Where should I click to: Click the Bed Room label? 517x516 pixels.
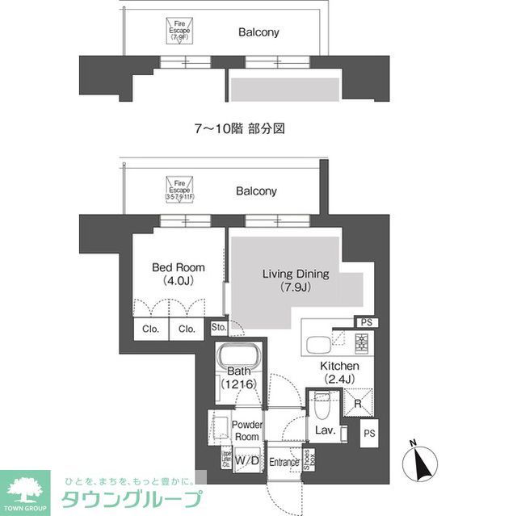click(x=179, y=274)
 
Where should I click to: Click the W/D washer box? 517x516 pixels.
click(x=248, y=459)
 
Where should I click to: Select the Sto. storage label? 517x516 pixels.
click(x=218, y=327)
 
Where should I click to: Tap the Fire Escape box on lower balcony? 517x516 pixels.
click(x=180, y=190)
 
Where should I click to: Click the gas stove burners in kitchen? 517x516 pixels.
click(x=361, y=346)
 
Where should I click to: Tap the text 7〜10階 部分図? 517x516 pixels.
click(x=242, y=128)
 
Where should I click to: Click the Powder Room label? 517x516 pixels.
click(x=247, y=430)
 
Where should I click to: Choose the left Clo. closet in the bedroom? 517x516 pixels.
click(x=150, y=329)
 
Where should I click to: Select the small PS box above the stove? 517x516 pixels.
click(x=367, y=323)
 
